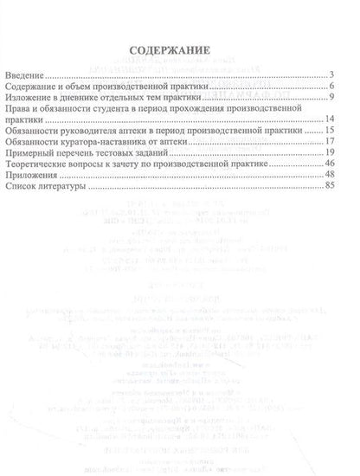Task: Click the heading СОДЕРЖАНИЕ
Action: click(179, 50)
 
